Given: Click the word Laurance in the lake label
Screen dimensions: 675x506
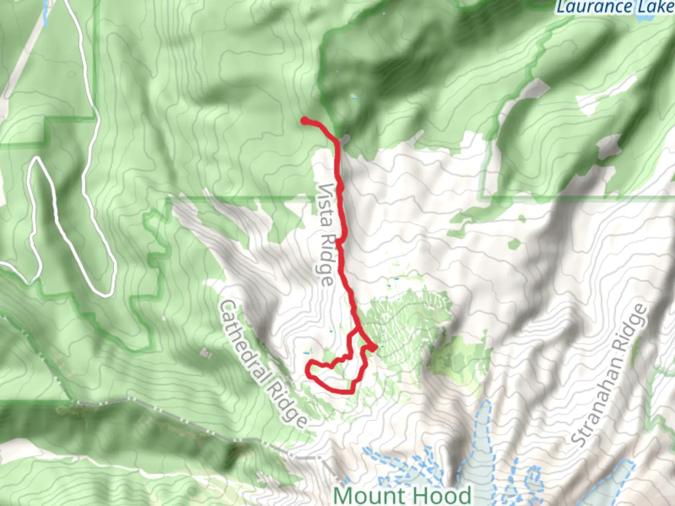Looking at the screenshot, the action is click(593, 7).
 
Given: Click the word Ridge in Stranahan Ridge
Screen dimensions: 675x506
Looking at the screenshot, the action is click(636, 328).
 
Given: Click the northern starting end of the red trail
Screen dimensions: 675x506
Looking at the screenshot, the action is click(304, 121).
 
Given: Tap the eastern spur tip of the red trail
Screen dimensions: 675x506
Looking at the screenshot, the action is click(375, 347).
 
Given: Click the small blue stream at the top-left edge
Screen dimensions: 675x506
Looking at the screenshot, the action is click(45, 14).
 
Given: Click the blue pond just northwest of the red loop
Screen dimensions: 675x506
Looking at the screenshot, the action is click(307, 352).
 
